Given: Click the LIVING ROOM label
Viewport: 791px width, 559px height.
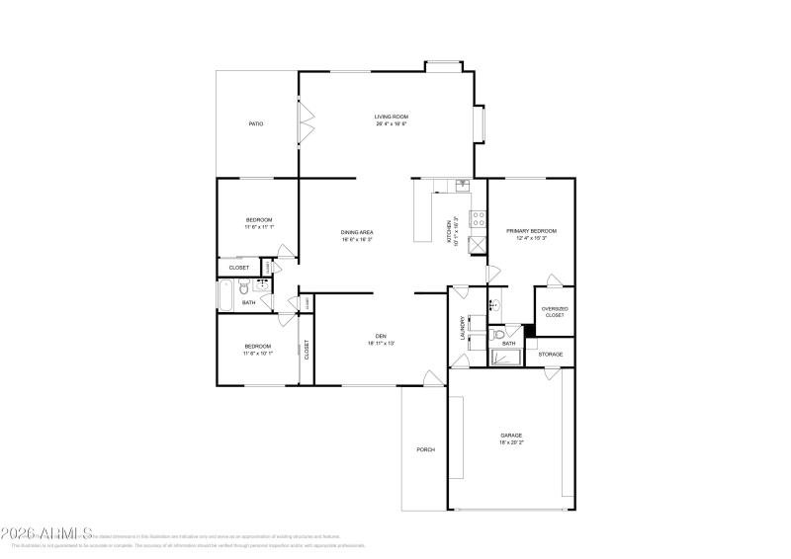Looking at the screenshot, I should pos(392,117).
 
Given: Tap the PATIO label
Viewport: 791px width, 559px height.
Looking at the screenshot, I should pos(255,123).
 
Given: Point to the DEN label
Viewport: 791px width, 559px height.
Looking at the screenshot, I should pos(381,336).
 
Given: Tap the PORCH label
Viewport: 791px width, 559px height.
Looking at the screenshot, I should pos(425,449).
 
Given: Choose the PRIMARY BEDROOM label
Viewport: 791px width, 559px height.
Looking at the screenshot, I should pos(531,231).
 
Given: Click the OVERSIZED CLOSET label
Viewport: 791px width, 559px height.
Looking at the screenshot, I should pos(555,311).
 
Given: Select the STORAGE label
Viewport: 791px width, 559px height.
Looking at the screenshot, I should pos(551,354).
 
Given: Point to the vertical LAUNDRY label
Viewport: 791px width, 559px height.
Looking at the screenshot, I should pos(462,327).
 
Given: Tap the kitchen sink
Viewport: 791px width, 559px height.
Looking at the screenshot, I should pos(462,185).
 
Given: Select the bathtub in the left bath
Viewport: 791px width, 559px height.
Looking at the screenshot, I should pos(226,292).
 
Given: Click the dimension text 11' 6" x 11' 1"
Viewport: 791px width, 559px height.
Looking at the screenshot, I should pos(259,227).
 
